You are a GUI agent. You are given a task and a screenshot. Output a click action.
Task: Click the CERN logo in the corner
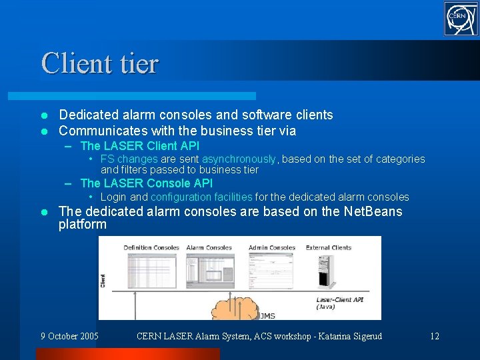point(461,18)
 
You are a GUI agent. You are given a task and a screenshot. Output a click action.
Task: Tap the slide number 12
point(434,336)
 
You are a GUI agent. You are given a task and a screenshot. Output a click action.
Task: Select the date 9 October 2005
point(69,336)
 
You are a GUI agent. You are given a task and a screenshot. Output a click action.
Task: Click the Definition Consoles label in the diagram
point(151,248)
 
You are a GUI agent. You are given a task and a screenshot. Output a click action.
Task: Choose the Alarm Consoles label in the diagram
point(209,248)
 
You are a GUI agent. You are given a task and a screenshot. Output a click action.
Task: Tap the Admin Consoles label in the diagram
point(271,248)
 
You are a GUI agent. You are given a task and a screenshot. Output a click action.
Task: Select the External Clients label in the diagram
point(329,248)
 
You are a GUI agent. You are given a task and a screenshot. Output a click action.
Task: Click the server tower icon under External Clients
point(326,273)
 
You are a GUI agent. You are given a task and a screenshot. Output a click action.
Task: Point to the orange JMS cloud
point(233,309)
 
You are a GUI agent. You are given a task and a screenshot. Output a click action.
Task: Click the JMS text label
point(266,315)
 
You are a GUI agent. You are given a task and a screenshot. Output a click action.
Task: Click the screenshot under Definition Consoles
point(151,270)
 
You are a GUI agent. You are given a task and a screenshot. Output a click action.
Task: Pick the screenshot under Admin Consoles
point(272,270)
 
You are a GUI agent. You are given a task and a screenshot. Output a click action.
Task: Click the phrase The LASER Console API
point(146,183)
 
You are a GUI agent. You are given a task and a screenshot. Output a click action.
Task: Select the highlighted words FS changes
point(129,159)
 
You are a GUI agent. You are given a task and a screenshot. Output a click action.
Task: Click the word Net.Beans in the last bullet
point(373,211)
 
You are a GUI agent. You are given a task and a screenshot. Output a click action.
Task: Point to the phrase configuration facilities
point(201,197)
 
